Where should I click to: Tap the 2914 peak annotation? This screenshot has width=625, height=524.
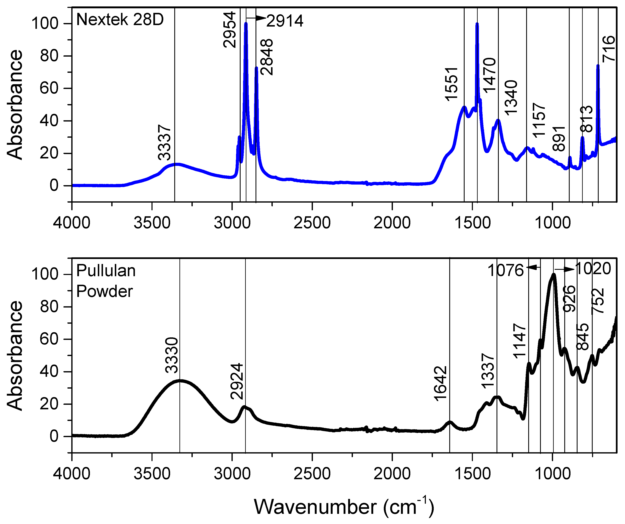click(285, 21)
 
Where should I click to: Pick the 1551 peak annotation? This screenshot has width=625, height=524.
click(451, 84)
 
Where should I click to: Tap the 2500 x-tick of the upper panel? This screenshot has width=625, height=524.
click(312, 223)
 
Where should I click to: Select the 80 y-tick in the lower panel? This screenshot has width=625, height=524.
click(49, 307)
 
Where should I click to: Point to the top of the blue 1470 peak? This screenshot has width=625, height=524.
click(477, 24)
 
